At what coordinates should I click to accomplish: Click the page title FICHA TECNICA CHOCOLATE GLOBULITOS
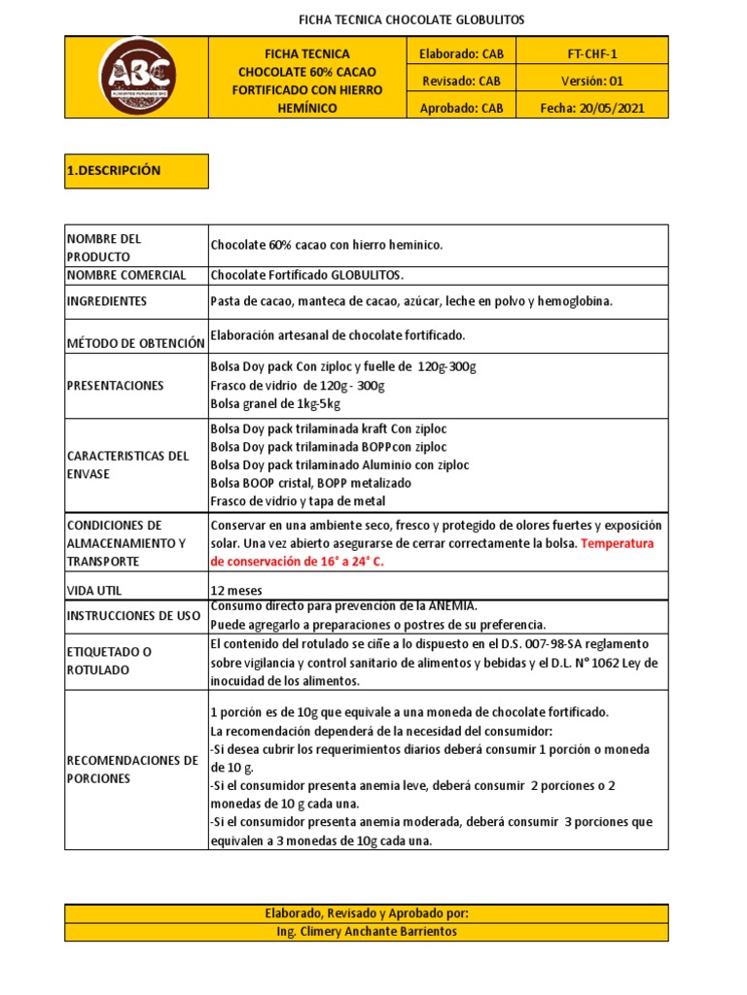410,19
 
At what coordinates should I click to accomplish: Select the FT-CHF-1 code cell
592,54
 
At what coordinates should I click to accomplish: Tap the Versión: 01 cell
592,82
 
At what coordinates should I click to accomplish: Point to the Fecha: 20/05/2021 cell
592,109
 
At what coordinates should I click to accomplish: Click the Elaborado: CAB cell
461,54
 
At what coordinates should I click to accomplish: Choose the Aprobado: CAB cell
461,109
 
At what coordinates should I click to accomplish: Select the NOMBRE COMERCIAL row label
126,276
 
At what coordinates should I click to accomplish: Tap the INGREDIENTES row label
107,301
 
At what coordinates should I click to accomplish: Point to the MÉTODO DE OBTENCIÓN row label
135,343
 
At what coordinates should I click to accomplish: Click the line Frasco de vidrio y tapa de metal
298,501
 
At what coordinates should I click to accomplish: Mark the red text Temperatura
618,543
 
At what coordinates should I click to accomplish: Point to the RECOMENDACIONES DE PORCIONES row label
132,770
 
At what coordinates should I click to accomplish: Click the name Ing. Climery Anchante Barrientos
367,932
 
